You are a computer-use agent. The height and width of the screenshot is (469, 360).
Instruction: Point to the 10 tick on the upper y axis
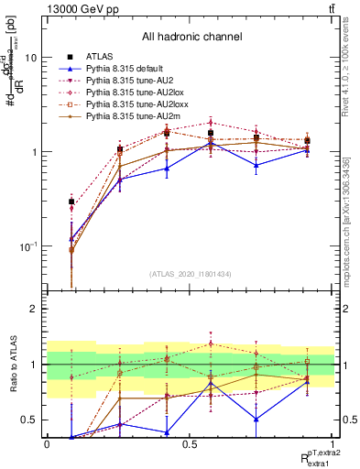(30, 57)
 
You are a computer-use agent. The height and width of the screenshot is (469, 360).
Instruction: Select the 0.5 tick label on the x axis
(189, 444)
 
